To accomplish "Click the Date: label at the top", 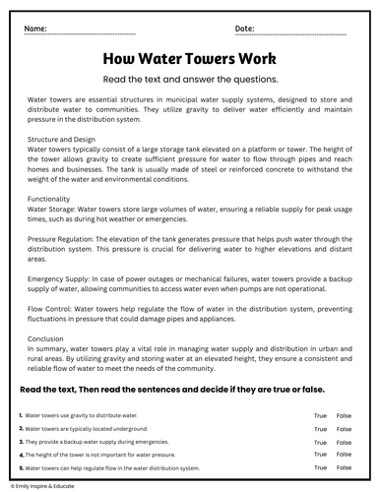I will [245, 29].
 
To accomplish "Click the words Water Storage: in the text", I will [56, 209].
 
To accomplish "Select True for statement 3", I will [320, 442].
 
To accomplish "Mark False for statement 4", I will [344, 455].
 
